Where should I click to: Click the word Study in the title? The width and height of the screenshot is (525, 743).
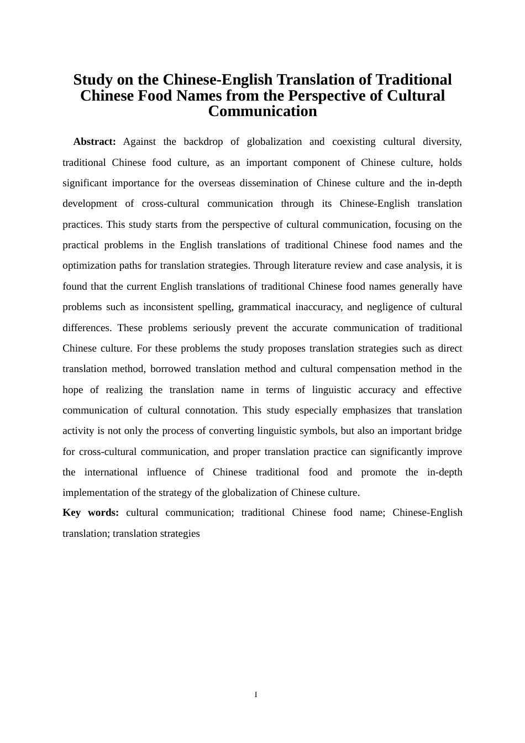(x=93, y=80)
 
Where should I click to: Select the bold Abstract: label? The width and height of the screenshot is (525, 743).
(x=95, y=142)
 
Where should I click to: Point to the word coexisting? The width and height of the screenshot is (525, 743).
(x=354, y=142)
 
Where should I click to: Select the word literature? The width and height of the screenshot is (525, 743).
(x=306, y=265)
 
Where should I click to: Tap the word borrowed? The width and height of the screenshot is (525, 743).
(x=170, y=369)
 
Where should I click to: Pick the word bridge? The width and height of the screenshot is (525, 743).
(x=448, y=431)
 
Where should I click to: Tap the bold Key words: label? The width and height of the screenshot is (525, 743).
(x=91, y=512)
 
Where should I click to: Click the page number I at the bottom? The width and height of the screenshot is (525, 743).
(x=256, y=694)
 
